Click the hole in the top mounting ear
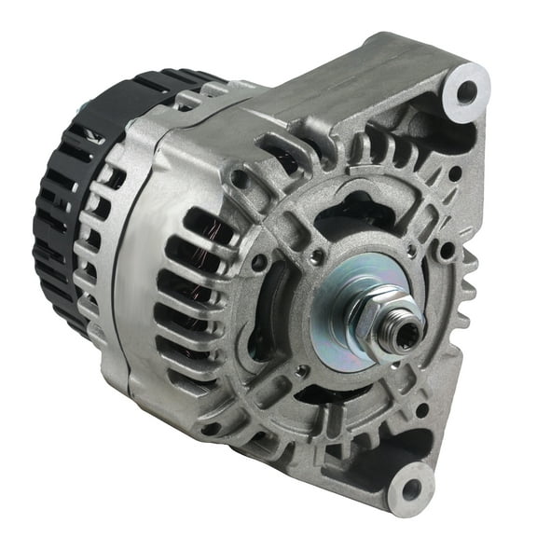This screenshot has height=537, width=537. coord(463,91)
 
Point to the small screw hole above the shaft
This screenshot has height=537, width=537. coord(319,253)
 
